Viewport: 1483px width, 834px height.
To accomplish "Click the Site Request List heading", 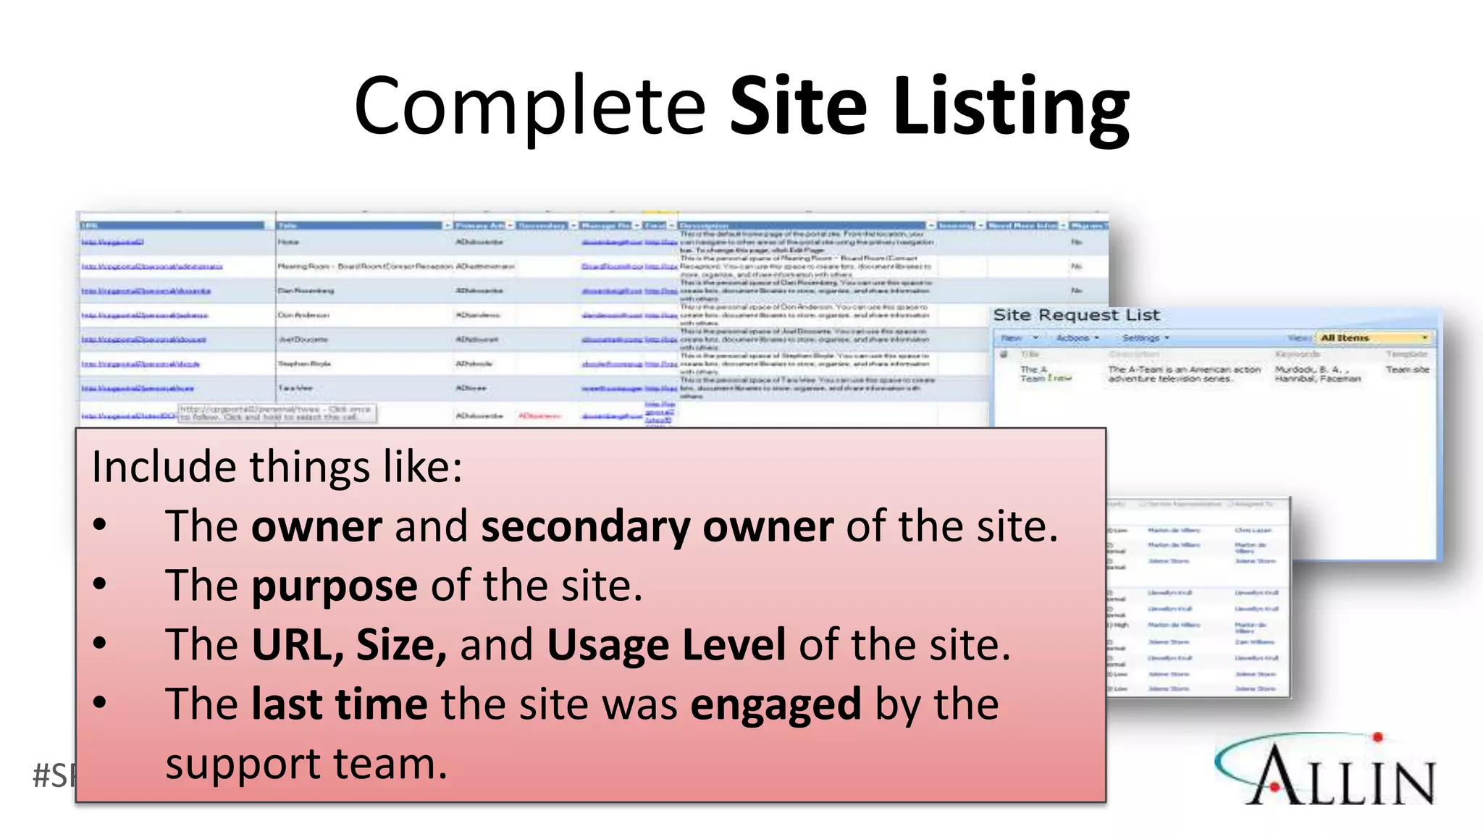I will pyautogui.click(x=1076, y=315).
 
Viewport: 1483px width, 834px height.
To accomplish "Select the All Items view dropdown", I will pyautogui.click(x=1373, y=337).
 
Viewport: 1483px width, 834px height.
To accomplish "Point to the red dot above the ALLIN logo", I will pyautogui.click(x=1377, y=737).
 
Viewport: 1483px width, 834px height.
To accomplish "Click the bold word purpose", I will pyautogui.click(x=334, y=585).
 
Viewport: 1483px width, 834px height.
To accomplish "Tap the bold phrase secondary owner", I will pyautogui.click(x=657, y=526).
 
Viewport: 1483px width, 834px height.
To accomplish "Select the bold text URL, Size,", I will pyautogui.click(x=349, y=644).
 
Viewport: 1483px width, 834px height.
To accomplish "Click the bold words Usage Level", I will pyautogui.click(x=666, y=644).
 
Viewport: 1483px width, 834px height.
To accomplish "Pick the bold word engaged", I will pyautogui.click(x=776, y=704).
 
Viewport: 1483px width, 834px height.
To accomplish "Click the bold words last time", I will pyautogui.click(x=339, y=704).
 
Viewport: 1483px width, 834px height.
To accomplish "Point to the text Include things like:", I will pyautogui.click(x=277, y=466).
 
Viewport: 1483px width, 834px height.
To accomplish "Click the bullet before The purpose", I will pyautogui.click(x=100, y=584).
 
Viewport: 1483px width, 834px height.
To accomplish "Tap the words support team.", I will pyautogui.click(x=306, y=764).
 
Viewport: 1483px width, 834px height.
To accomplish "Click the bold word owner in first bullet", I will pyautogui.click(x=316, y=526).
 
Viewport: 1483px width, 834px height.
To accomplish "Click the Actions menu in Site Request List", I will pyautogui.click(x=1077, y=338).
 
